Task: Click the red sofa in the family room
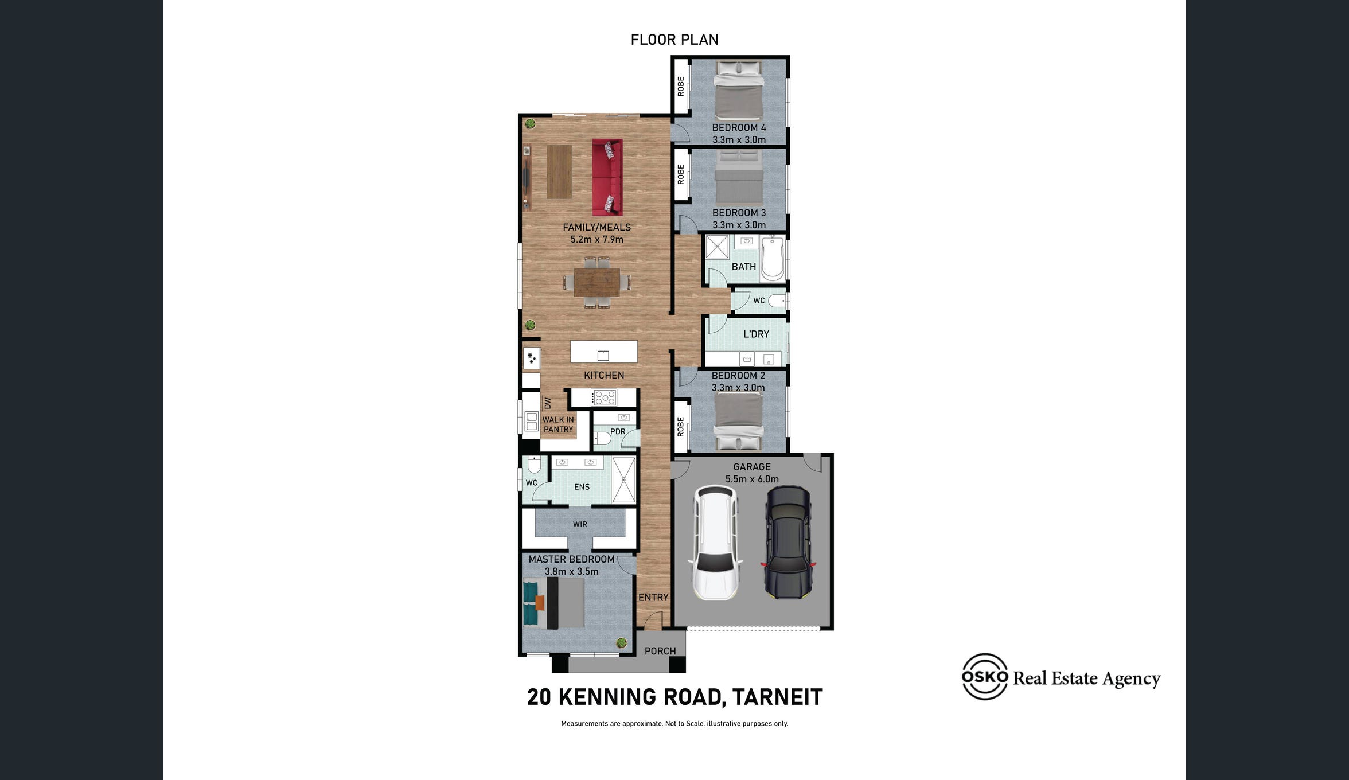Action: tap(607, 177)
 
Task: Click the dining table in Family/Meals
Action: tap(596, 283)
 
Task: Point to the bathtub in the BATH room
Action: tap(773, 259)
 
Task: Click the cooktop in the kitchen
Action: tap(605, 397)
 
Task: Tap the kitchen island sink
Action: tap(603, 356)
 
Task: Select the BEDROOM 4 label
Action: tap(739, 127)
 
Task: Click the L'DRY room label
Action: tap(756, 334)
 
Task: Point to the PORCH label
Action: tap(660, 651)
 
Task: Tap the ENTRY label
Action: tap(653, 597)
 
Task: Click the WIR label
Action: tap(580, 524)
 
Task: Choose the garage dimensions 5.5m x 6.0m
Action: tap(752, 479)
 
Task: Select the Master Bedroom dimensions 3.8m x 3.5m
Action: tap(571, 571)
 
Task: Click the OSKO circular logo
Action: tap(985, 677)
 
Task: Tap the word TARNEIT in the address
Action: tap(777, 697)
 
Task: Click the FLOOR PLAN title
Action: tap(674, 40)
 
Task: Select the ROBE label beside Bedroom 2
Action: tap(681, 427)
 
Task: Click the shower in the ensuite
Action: tap(623, 479)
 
